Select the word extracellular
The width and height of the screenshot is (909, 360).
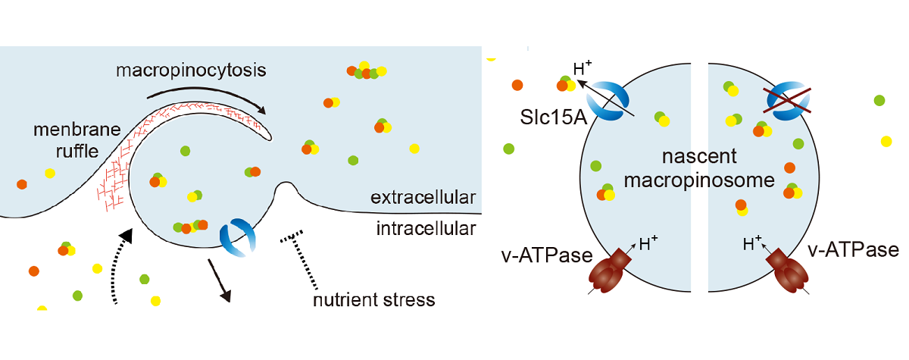pyautogui.click(x=423, y=199)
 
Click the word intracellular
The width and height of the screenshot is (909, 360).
pyautogui.click(x=426, y=227)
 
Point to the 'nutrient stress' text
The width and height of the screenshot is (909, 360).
pyautogui.click(x=374, y=299)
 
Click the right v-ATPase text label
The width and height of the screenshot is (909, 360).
pyautogui.click(x=852, y=250)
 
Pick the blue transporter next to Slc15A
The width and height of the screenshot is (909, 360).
pyautogui.click(x=612, y=100)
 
